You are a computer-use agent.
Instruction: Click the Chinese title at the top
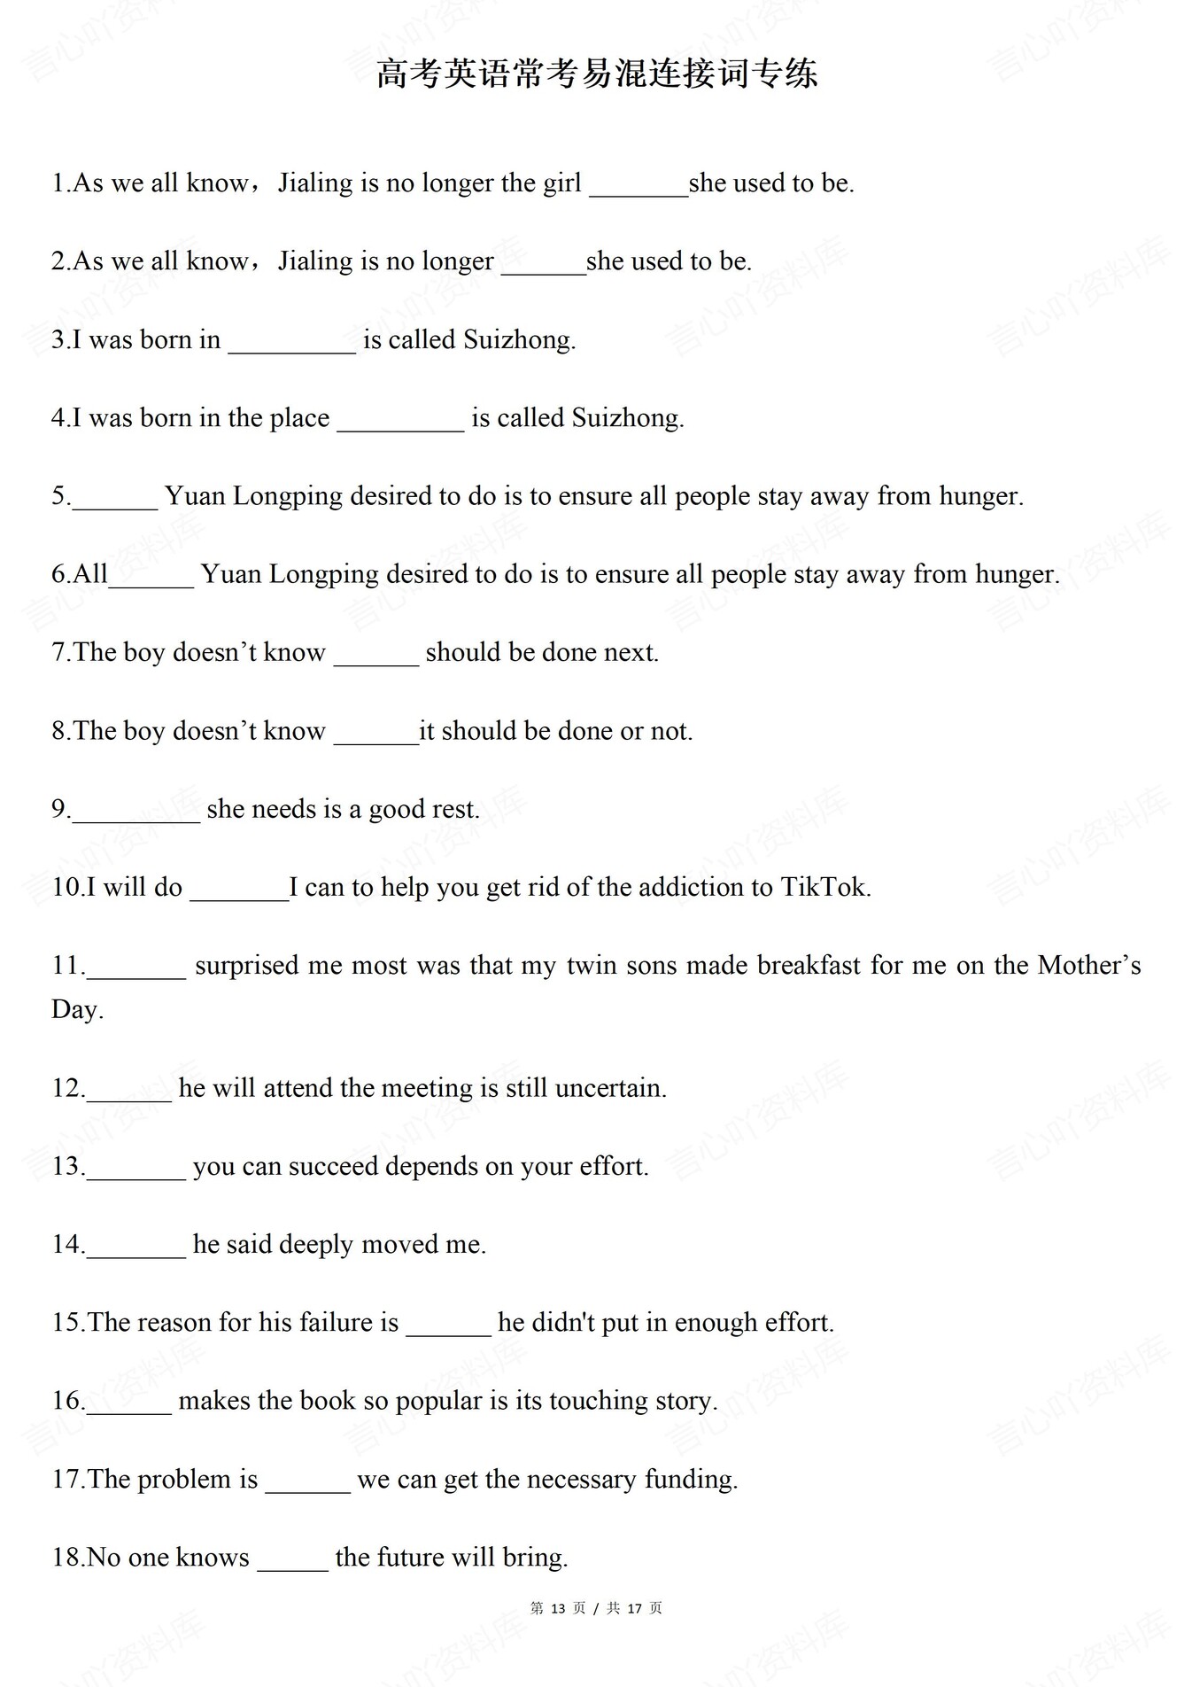[x=596, y=74]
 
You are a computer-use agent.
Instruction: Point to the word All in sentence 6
[x=89, y=574]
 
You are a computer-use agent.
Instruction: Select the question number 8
[x=59, y=731]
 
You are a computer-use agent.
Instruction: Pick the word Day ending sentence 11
[x=74, y=1009]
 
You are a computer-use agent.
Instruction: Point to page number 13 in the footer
[x=558, y=1608]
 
